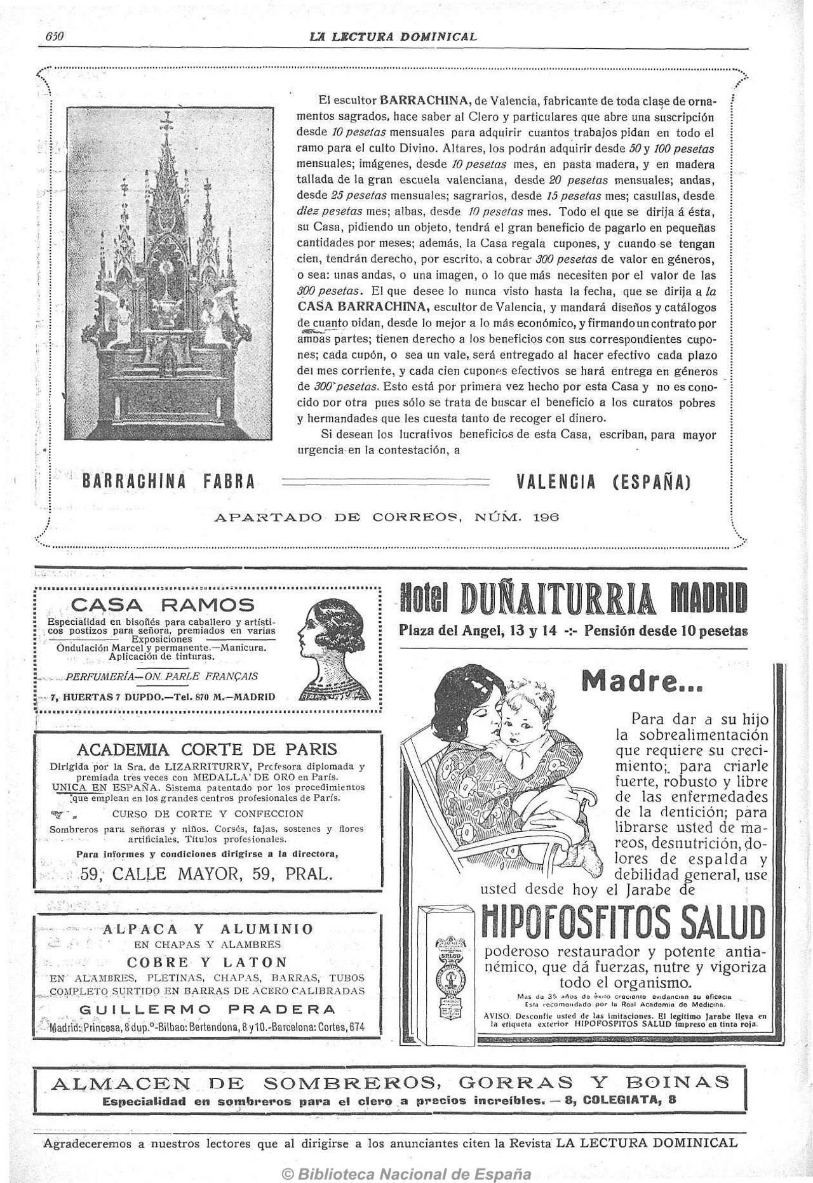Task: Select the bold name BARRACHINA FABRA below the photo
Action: (169, 483)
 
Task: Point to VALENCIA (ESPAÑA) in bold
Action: (603, 483)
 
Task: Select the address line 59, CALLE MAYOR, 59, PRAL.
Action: (206, 874)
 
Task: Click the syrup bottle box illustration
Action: (450, 975)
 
